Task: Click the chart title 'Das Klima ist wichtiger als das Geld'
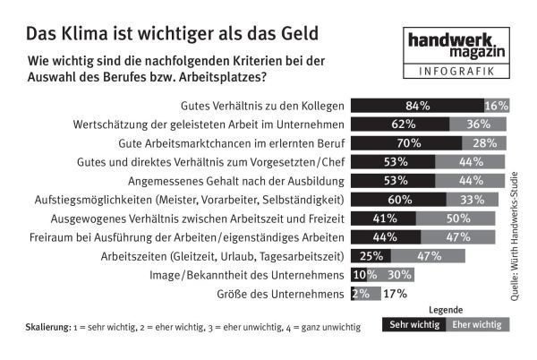(x=171, y=34)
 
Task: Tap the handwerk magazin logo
(x=454, y=46)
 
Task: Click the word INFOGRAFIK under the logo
(x=454, y=72)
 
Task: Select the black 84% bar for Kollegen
(x=417, y=106)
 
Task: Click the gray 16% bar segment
(x=497, y=106)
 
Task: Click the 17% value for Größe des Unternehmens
(x=395, y=294)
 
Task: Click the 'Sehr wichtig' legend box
(x=413, y=327)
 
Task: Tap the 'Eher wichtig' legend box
(x=476, y=327)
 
